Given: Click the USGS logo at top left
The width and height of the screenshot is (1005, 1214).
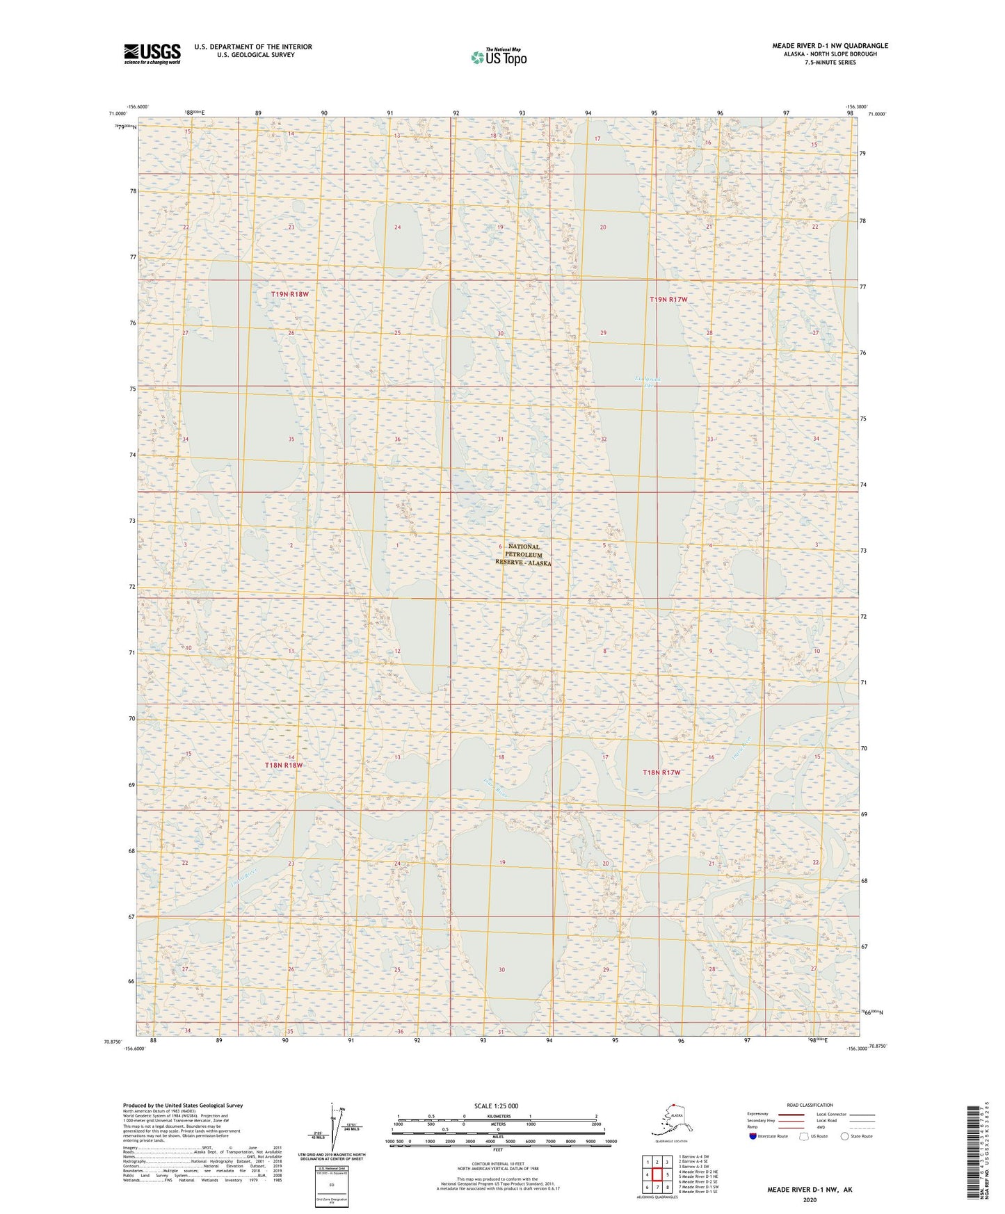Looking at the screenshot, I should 152,54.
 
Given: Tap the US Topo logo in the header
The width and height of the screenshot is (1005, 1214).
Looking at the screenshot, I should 498,56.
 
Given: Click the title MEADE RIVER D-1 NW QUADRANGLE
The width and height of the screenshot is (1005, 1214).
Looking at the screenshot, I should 830,46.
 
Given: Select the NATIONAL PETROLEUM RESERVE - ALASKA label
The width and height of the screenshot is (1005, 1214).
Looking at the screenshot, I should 523,555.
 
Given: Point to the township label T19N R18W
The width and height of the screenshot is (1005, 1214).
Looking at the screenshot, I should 289,294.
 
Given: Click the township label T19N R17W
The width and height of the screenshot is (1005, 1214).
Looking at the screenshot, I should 668,299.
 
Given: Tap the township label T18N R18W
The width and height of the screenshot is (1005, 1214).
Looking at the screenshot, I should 284,765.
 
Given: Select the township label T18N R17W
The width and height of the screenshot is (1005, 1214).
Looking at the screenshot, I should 661,772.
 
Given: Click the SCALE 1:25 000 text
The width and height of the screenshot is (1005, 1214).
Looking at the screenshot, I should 497,1106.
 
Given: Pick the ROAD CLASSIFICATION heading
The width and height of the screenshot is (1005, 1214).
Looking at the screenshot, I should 810,1105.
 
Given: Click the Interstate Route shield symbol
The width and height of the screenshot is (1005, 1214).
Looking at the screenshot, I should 753,1136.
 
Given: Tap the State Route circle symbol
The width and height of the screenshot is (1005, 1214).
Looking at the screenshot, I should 844,1136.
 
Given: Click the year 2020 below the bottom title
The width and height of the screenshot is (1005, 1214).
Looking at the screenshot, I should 810,1199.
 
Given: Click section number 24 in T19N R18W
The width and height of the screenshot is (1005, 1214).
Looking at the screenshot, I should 397,227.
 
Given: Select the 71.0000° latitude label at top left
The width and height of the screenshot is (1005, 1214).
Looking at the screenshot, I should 118,113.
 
